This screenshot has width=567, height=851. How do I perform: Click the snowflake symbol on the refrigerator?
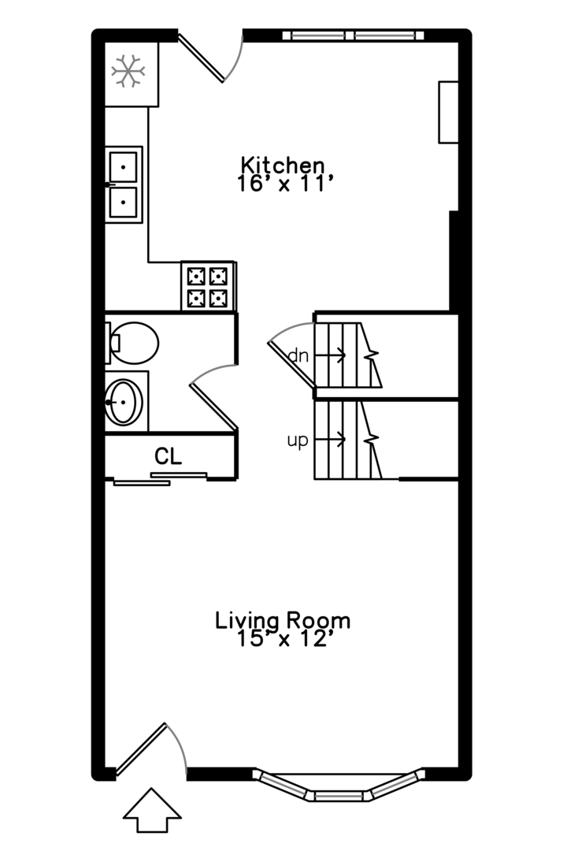(x=128, y=71)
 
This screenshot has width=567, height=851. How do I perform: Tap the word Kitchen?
(x=283, y=165)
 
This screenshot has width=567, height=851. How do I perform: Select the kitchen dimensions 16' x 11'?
(x=283, y=184)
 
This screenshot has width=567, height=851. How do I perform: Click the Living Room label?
(x=283, y=620)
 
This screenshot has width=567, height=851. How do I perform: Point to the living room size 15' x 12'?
(x=283, y=639)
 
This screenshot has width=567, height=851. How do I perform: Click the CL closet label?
(x=169, y=456)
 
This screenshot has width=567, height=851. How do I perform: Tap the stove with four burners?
(x=208, y=286)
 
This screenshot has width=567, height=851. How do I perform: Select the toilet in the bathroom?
(x=132, y=343)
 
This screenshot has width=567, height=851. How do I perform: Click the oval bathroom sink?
(x=124, y=402)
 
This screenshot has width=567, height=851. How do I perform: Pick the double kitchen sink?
(x=124, y=184)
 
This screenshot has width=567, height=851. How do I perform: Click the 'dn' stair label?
(x=298, y=356)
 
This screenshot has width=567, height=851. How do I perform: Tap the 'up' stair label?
(x=298, y=440)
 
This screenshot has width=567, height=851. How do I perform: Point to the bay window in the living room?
(x=339, y=786)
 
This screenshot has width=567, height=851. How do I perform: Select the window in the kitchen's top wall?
(x=354, y=35)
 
